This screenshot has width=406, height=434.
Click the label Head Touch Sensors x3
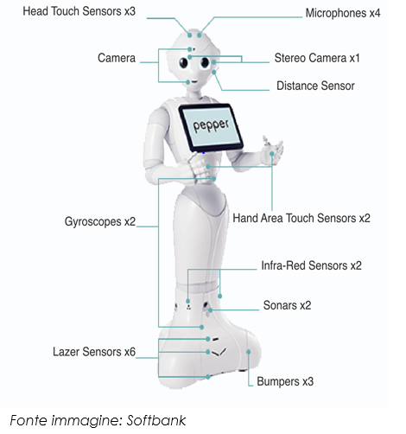[79, 11]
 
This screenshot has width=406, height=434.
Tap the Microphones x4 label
[343, 13]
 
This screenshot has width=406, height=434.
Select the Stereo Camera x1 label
[317, 58]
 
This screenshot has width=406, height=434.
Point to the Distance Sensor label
[315, 86]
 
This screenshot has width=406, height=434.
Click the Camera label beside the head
[117, 58]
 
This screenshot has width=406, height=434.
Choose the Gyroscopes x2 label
[100, 221]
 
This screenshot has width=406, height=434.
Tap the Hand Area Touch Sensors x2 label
[301, 218]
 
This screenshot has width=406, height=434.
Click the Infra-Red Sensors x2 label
[311, 265]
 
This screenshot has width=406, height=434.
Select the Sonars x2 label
[287, 305]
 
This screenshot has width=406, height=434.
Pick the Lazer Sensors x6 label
[94, 352]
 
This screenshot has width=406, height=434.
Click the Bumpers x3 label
[285, 381]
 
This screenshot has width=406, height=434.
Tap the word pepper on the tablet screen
[211, 125]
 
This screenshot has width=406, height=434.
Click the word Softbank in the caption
[156, 421]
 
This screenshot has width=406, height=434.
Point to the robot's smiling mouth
[194, 82]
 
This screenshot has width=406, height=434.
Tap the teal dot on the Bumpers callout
[248, 352]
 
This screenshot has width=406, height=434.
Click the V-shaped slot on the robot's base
[219, 352]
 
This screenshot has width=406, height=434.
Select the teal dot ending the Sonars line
[211, 310]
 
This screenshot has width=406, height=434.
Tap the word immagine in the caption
[87, 421]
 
